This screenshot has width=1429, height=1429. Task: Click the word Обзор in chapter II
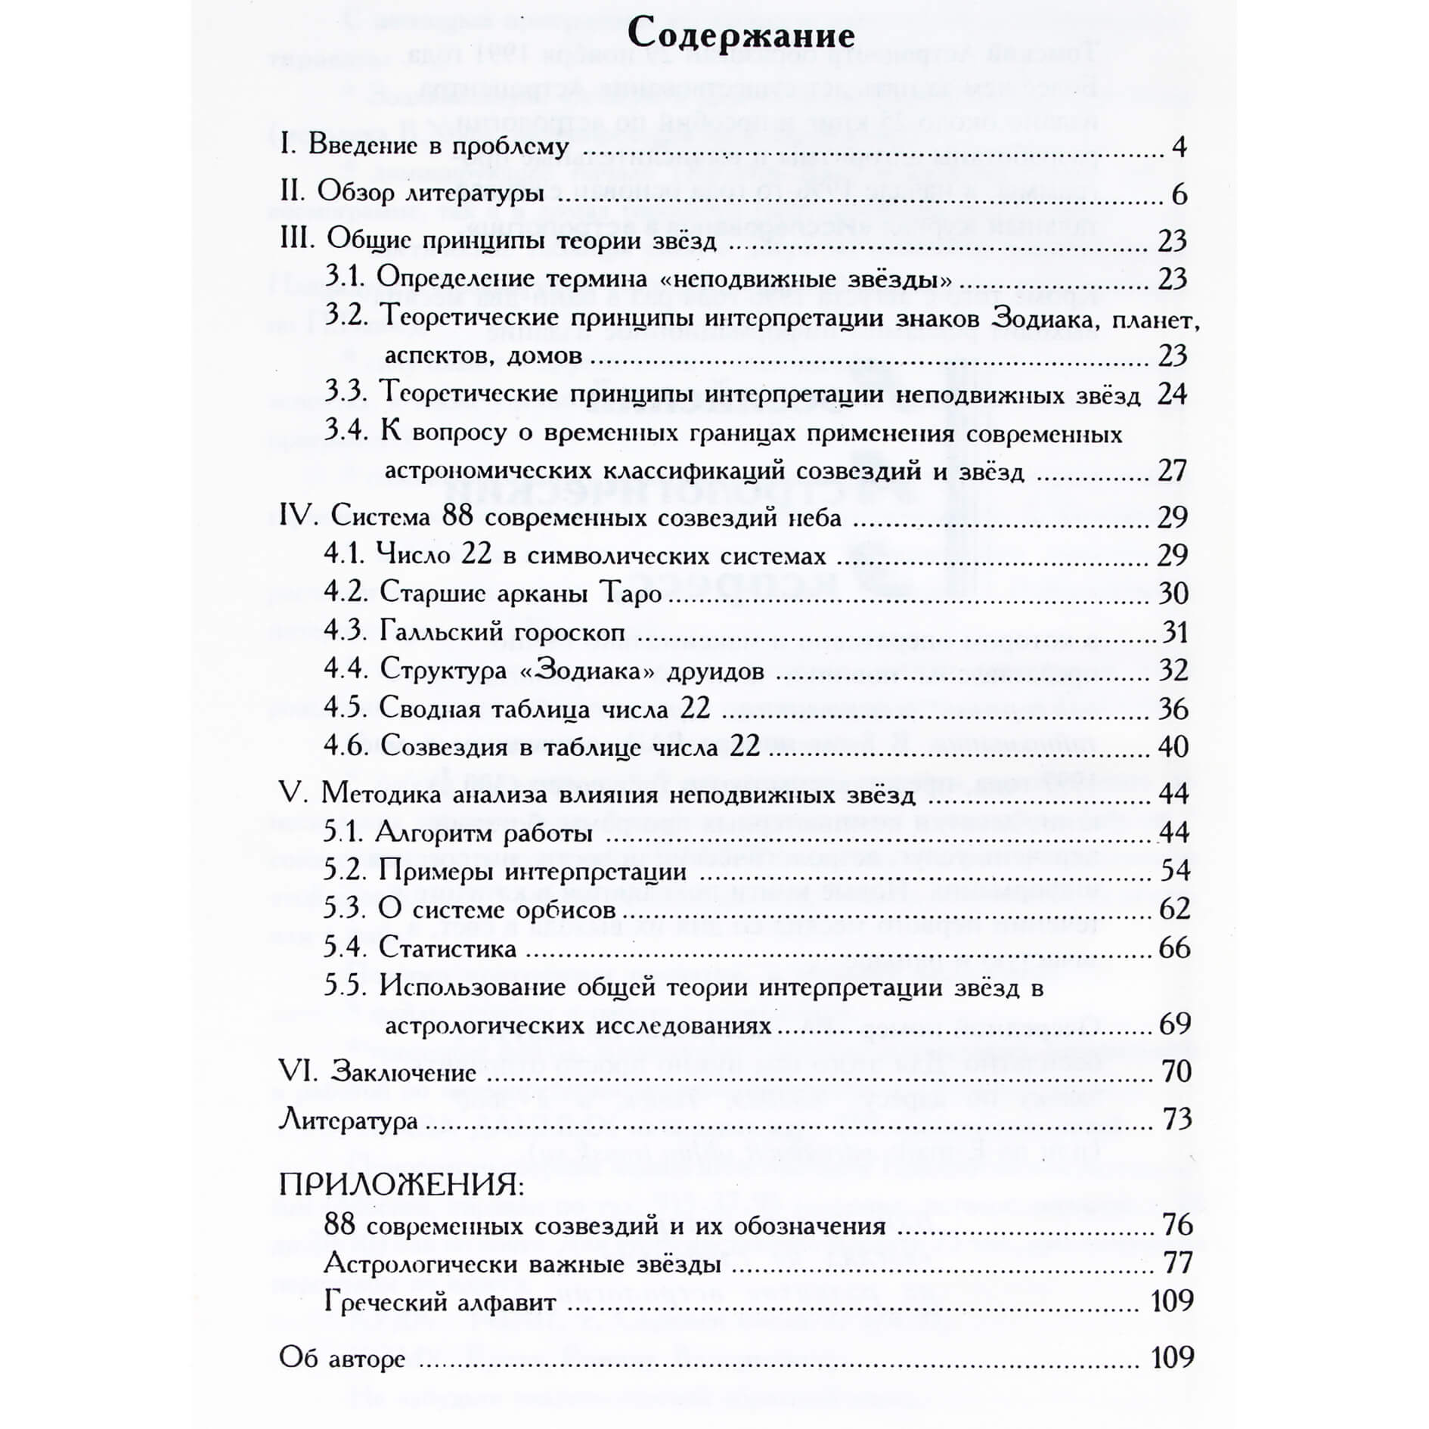355,194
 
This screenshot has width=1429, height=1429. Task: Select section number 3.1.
346,278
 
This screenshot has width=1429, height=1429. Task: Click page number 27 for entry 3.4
1172,471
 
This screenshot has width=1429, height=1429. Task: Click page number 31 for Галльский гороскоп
1174,632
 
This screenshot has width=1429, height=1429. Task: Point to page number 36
1173,709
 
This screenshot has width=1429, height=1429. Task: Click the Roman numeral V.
290,794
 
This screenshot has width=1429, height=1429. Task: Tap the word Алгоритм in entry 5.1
433,833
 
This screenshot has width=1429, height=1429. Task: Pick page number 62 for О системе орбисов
1174,909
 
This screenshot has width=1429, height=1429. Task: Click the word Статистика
448,948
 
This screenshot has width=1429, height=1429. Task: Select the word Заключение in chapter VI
404,1072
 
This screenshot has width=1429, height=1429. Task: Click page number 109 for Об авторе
1172,1357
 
